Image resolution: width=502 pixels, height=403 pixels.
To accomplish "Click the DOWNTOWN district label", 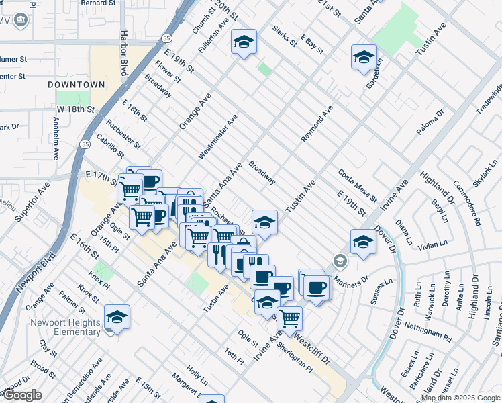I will click(x=77, y=85).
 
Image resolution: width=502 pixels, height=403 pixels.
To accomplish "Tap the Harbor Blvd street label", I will click(x=124, y=52).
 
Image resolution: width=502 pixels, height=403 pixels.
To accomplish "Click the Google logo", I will click(x=21, y=395).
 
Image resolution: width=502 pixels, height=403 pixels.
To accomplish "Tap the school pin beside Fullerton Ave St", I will click(x=244, y=42).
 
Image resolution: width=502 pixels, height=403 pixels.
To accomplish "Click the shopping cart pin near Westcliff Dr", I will click(x=289, y=318).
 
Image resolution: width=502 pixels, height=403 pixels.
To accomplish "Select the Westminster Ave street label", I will click(x=217, y=137).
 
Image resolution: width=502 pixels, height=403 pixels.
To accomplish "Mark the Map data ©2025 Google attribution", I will click(x=460, y=398).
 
